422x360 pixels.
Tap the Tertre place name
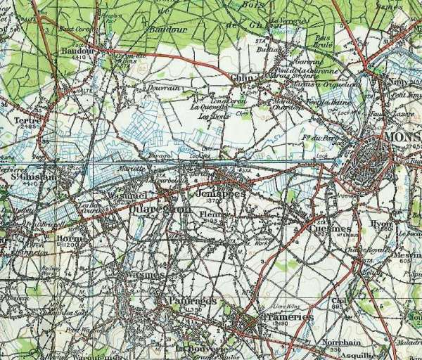pyautogui.click(x=27, y=120)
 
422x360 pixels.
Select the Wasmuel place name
pyautogui.click(x=127, y=195)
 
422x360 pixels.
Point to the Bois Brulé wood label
pyautogui.click(x=324, y=40)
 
